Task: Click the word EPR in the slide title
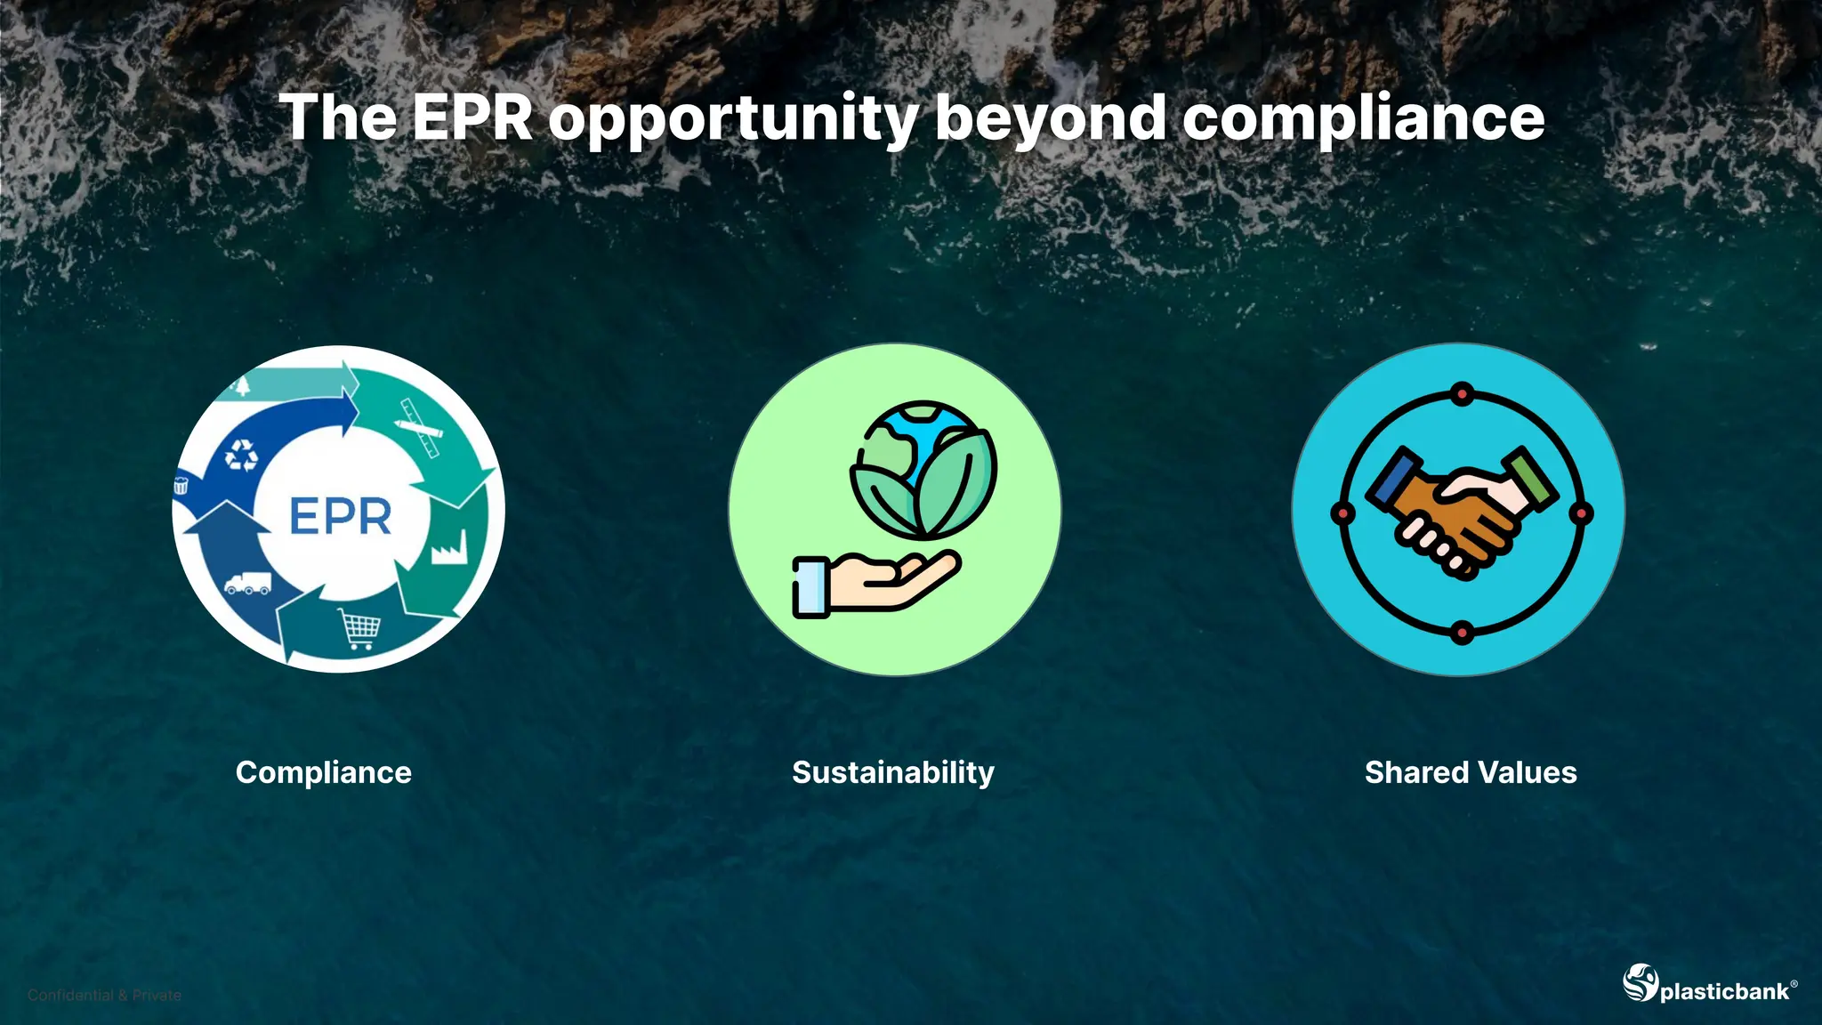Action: [472, 117]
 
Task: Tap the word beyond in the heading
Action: [1050, 117]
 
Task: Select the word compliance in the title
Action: [1363, 119]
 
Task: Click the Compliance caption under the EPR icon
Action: [324, 772]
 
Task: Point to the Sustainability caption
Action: [893, 772]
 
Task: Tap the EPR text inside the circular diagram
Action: [340, 516]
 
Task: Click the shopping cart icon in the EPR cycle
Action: [360, 628]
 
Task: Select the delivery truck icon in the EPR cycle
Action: [247, 583]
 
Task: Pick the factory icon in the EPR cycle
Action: [449, 547]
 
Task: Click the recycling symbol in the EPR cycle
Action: [241, 455]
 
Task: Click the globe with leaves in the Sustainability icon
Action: [923, 470]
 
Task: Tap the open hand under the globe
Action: [876, 583]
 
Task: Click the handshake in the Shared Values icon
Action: [1462, 512]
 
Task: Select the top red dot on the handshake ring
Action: [1462, 393]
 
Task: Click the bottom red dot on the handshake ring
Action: [1462, 633]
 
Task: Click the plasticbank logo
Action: [1709, 985]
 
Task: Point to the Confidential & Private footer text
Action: [104, 995]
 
